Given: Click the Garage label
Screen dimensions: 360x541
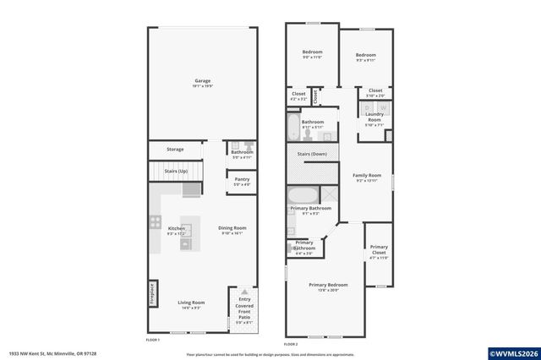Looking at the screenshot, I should (202, 82).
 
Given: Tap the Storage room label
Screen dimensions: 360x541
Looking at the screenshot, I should (175, 149).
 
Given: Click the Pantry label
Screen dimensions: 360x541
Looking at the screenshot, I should (242, 179).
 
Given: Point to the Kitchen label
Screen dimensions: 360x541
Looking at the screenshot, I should (176, 229).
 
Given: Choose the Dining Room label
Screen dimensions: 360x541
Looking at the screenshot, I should (232, 229).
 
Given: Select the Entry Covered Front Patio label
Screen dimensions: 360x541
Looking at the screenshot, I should (244, 309).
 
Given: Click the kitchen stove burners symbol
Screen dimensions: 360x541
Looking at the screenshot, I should (156, 223).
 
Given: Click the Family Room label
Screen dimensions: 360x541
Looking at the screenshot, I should (367, 177).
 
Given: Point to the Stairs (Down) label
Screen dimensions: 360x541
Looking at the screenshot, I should (313, 154).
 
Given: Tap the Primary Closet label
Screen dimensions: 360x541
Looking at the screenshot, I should (379, 250).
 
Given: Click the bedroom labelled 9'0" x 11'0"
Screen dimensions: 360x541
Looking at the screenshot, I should (312, 53).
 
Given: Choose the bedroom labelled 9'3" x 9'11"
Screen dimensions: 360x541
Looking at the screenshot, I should (366, 56).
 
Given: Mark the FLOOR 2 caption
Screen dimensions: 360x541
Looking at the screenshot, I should (291, 345).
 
